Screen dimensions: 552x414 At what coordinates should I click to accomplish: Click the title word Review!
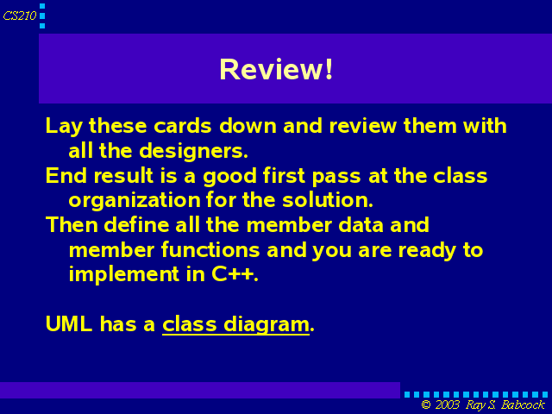click(276, 69)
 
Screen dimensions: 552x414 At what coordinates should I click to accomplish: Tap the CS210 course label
click(20, 16)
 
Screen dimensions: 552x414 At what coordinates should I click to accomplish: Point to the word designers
click(193, 152)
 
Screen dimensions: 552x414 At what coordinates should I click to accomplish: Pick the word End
click(66, 175)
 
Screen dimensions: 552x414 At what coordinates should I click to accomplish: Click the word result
click(123, 175)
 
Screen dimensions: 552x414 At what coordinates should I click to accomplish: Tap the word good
click(230, 177)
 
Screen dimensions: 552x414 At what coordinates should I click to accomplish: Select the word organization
click(135, 201)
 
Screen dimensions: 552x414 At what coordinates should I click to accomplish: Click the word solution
click(328, 199)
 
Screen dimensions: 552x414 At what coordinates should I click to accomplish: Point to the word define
click(136, 224)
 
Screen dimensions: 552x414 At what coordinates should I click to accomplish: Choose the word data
click(361, 224)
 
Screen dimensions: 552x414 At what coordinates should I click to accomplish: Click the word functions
click(210, 249)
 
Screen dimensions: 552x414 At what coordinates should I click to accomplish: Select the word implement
click(124, 274)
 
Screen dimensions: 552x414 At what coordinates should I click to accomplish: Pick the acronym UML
click(69, 324)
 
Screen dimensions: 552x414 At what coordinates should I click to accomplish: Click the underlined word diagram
click(267, 325)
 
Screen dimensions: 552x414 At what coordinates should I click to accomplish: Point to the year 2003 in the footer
click(447, 405)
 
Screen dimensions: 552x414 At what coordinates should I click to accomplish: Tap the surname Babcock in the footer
click(524, 405)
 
